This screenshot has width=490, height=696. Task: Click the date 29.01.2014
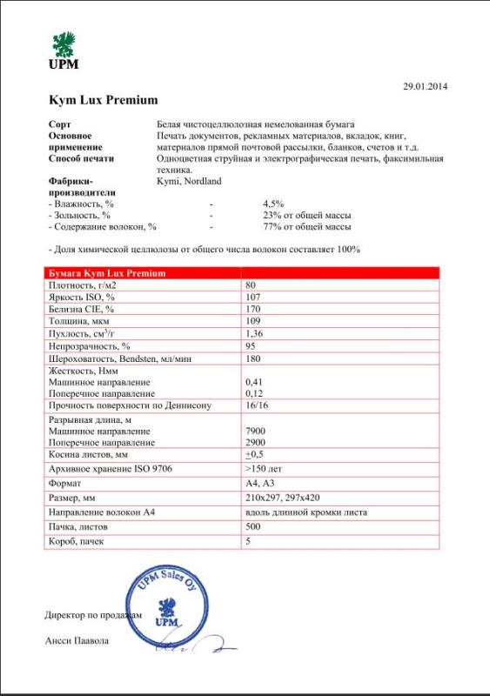pyautogui.click(x=424, y=86)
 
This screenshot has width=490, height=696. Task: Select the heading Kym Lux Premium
pyautogui.click(x=104, y=100)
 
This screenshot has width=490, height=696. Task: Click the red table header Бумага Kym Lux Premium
pyautogui.click(x=108, y=273)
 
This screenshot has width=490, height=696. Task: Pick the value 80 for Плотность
pyautogui.click(x=252, y=285)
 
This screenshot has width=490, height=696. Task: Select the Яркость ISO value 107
pyautogui.click(x=253, y=298)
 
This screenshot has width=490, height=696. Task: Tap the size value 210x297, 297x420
pyautogui.click(x=284, y=498)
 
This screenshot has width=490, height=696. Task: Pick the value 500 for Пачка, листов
pyautogui.click(x=253, y=527)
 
